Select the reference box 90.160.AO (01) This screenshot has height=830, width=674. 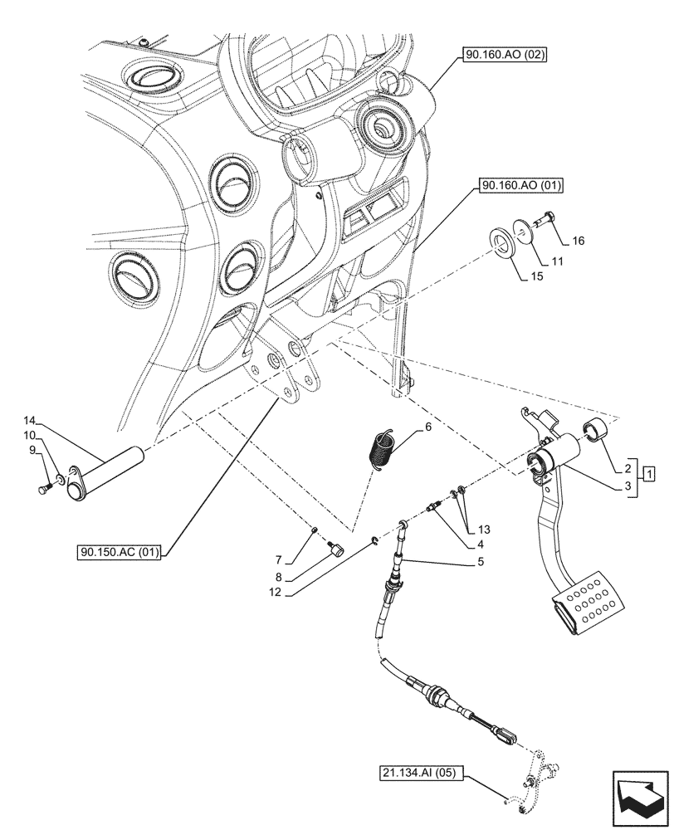point(520,186)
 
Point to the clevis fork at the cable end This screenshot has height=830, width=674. point(509,733)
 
